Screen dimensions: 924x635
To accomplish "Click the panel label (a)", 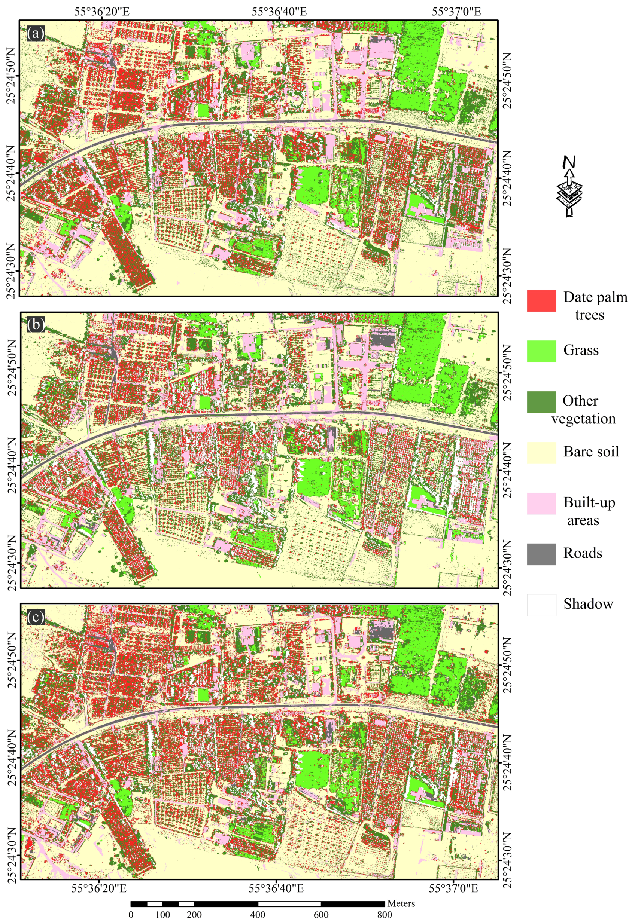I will [x=36, y=33].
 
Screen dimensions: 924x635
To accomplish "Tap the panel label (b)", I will [x=36, y=325].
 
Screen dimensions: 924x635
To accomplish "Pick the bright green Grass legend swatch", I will [x=541, y=351].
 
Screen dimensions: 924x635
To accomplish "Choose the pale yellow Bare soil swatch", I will [x=541, y=452].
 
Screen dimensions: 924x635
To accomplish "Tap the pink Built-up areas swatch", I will [x=541, y=504].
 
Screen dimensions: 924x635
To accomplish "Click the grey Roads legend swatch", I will [x=541, y=554].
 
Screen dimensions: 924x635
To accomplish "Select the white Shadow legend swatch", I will [x=541, y=605].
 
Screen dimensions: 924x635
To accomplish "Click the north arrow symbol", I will [x=569, y=186].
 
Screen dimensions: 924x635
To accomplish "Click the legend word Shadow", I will [x=588, y=604].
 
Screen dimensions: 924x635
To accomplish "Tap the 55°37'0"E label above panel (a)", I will [x=456, y=11].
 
